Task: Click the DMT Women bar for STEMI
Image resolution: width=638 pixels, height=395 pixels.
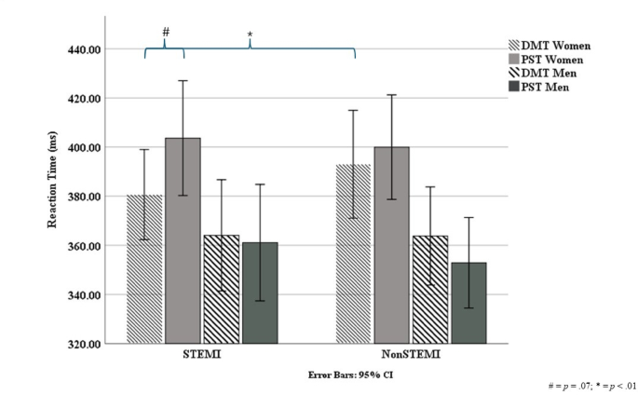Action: pos(144,269)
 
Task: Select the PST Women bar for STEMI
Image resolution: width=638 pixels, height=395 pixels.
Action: pos(183,241)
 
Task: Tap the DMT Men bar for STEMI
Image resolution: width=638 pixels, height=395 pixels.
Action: pos(221,289)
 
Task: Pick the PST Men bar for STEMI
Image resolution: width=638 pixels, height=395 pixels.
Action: pos(260,293)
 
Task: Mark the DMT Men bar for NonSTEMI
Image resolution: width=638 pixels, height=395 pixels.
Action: pos(429,289)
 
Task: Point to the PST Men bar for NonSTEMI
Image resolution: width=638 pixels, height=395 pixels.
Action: pos(468,303)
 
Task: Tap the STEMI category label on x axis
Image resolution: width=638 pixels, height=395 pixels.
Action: pos(202,356)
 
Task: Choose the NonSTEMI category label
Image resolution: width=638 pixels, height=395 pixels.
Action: pos(411,356)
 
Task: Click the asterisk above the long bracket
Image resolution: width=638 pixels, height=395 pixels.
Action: pos(250,35)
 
